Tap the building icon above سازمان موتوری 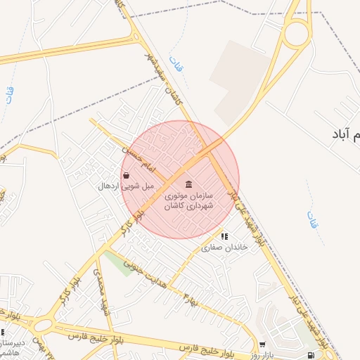click(x=188, y=184)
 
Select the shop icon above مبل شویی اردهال click(x=126, y=176)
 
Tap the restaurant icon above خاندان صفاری click(x=224, y=237)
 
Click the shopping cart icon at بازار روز click(x=262, y=345)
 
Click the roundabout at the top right click(x=296, y=32)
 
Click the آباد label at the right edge click(x=345, y=133)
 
